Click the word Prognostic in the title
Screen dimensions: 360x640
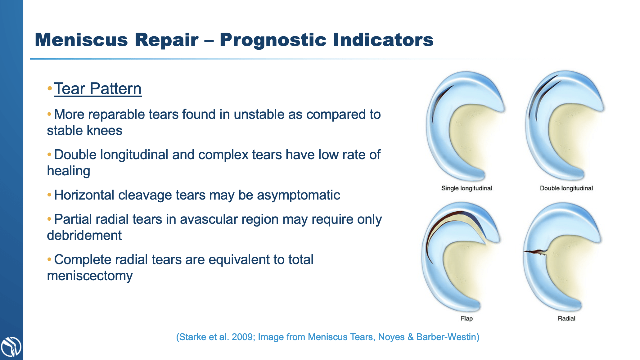[x=273, y=40]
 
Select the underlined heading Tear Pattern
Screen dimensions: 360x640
[x=97, y=89]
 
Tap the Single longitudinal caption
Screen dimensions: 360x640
[x=466, y=188]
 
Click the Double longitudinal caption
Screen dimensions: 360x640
[x=566, y=188]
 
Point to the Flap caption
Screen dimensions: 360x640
[x=466, y=318]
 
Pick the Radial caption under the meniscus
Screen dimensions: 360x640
[x=566, y=318]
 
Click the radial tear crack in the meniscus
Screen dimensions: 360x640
[x=535, y=252]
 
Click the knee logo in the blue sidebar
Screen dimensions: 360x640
[x=11, y=347]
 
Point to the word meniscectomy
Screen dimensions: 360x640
[x=90, y=276]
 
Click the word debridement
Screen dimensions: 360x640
[x=84, y=236]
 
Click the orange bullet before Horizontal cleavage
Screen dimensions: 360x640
[x=49, y=195]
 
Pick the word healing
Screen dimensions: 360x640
[x=69, y=171]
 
